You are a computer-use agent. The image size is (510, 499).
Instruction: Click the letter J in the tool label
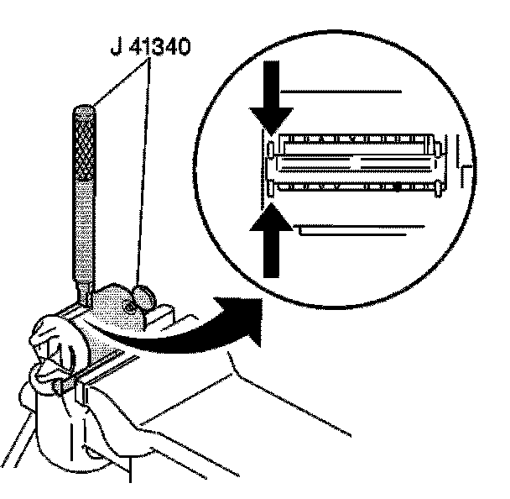114,45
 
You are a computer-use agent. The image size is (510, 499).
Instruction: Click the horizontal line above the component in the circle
344,89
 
